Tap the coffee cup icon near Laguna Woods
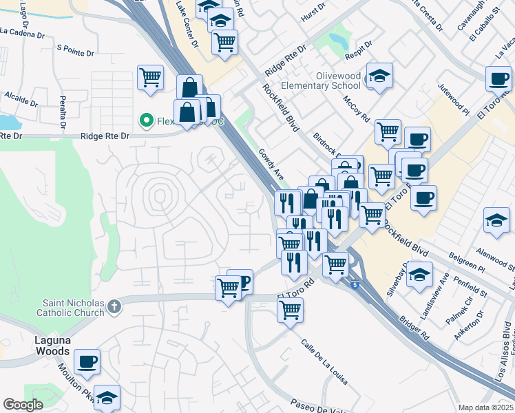pos(87,361)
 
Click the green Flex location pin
pos(146,120)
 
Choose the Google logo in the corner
pos(23,405)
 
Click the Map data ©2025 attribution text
pos(485,407)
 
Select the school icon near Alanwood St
pos(496,220)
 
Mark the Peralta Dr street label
pos(61,113)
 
